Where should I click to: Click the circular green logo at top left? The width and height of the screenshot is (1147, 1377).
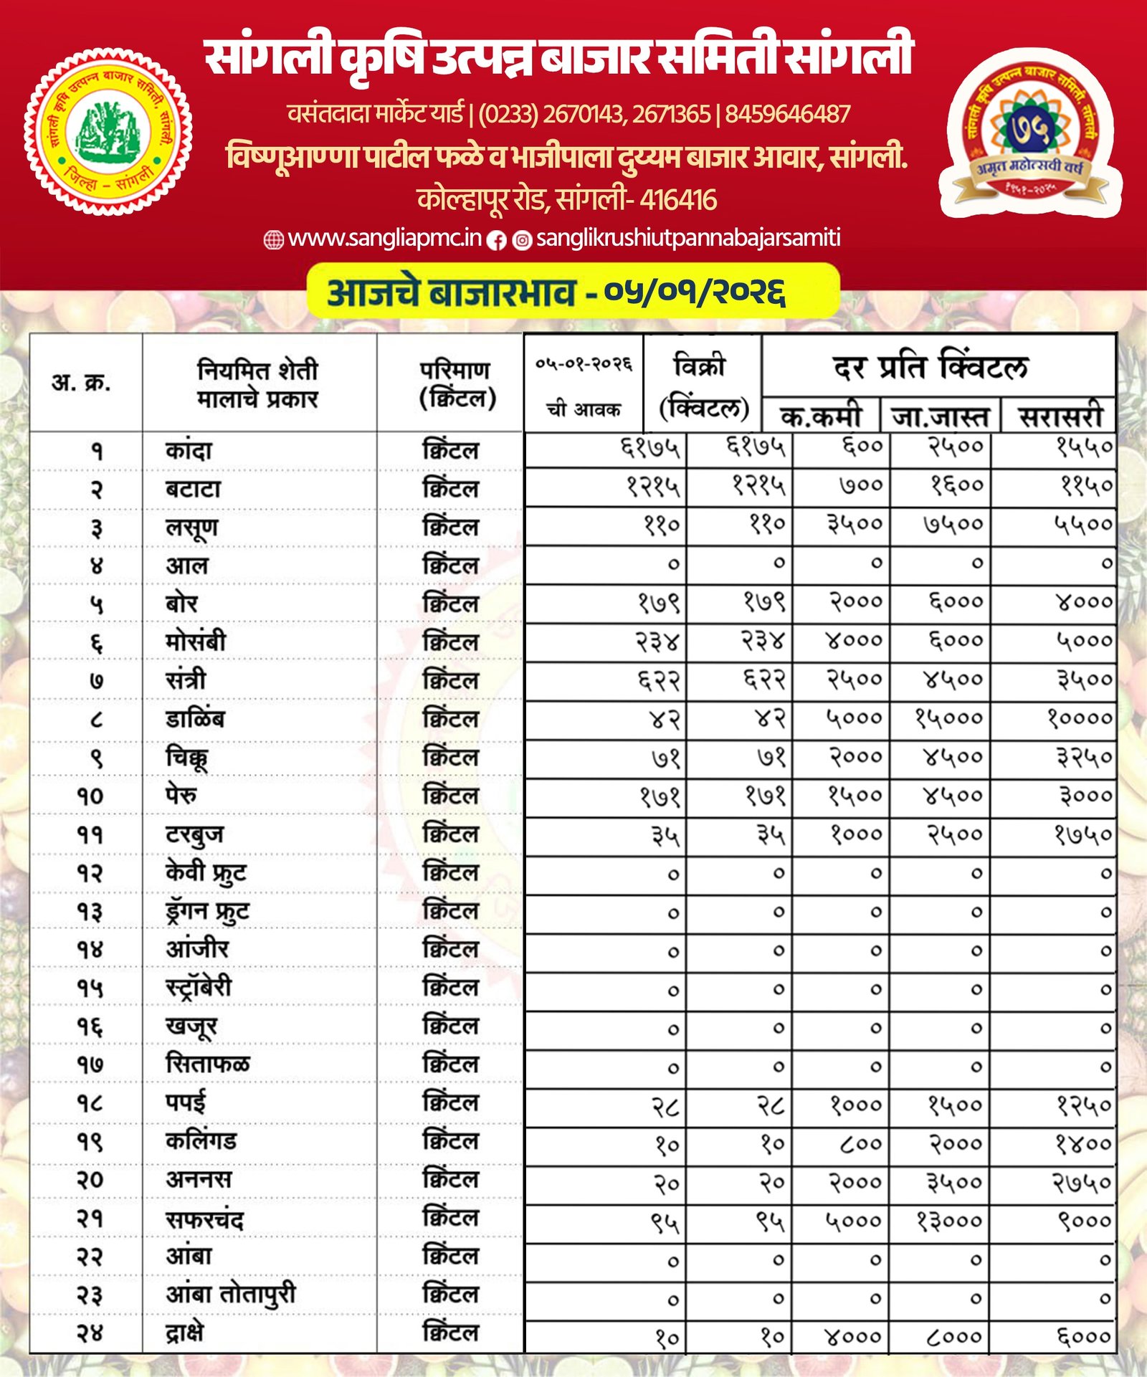(108, 132)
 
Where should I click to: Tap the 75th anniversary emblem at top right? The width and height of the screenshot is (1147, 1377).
(1029, 133)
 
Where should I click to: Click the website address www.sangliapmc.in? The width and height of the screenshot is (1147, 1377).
(384, 239)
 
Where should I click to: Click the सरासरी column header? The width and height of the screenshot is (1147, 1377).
(1060, 416)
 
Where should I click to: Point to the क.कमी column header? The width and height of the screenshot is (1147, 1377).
(820, 416)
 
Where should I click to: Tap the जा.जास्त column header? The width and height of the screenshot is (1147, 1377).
(940, 416)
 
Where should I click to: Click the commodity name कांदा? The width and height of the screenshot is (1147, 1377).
(189, 451)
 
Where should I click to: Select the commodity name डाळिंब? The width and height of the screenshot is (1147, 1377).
(195, 719)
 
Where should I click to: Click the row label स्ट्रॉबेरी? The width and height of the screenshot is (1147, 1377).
(199, 987)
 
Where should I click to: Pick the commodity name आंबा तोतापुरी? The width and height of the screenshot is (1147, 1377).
(231, 1294)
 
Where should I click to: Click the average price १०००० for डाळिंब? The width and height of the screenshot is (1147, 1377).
(1080, 718)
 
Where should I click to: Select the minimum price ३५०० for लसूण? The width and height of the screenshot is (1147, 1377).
(855, 525)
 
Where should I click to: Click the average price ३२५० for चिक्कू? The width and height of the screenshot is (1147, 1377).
(1084, 757)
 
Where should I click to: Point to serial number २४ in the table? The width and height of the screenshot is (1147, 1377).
(90, 1333)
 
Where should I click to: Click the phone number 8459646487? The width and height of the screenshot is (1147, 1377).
(787, 114)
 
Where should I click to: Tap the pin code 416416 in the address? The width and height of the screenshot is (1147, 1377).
(677, 200)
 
